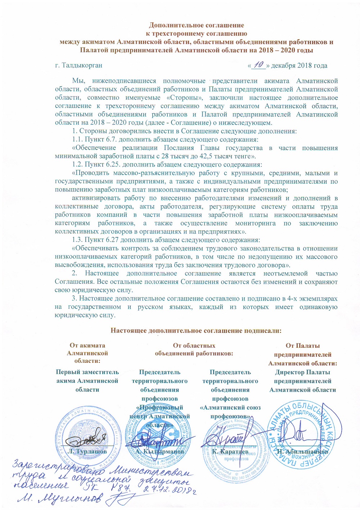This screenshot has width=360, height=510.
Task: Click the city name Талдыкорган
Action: [x=82, y=66]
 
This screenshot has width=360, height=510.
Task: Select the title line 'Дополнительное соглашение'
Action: [x=197, y=25]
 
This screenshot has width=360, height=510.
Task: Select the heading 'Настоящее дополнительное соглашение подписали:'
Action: [x=195, y=330]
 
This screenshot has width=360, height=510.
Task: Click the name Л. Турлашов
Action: [x=87, y=451]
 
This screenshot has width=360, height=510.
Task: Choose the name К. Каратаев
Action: [x=230, y=451]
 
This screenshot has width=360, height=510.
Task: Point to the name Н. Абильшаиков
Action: [x=302, y=451]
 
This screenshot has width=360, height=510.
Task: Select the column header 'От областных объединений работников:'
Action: [x=194, y=349]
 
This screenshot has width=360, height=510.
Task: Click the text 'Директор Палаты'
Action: [x=302, y=372]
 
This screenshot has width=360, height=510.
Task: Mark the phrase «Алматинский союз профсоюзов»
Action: [x=230, y=412]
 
